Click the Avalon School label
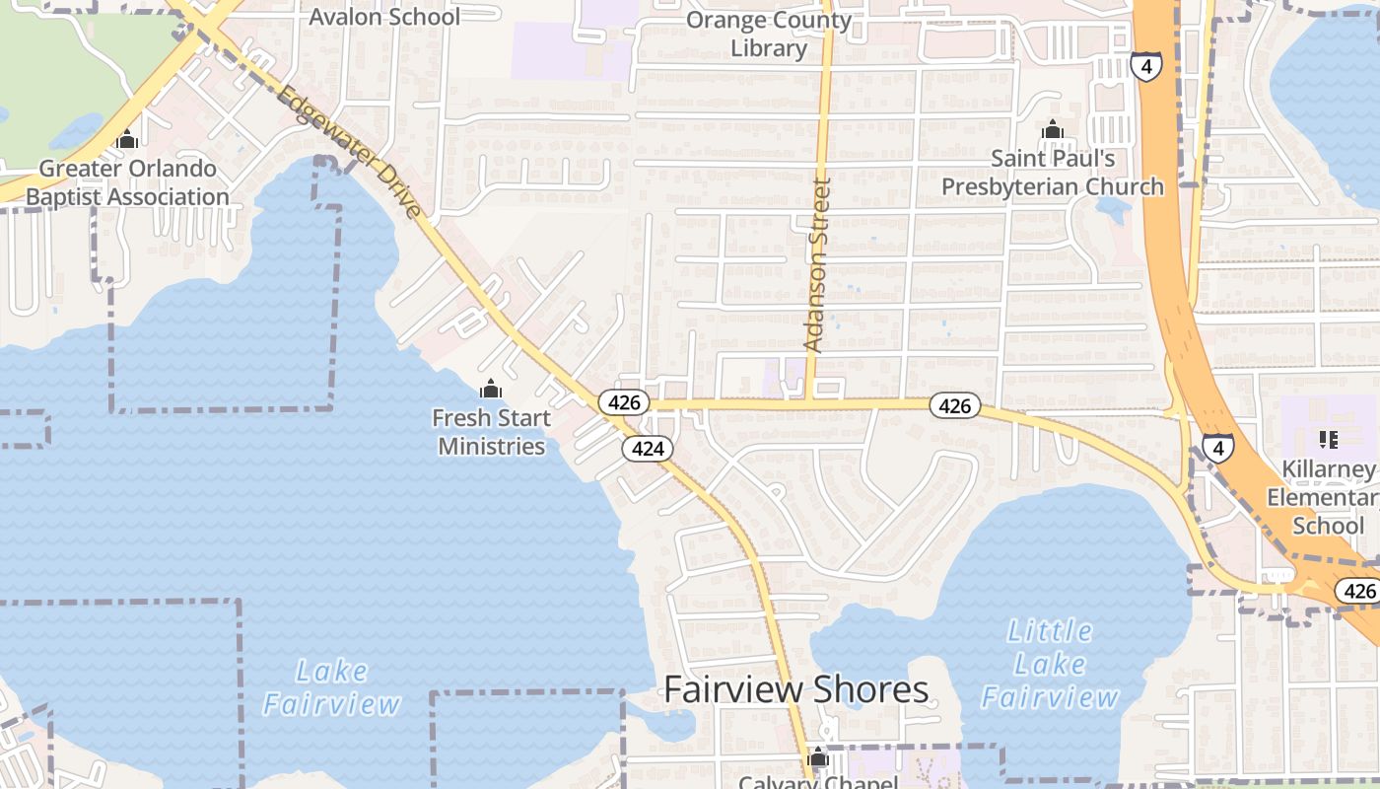coord(384,17)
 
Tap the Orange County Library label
coord(769,34)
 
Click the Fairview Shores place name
coord(796,689)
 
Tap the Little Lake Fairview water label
coord(1051,664)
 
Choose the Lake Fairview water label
coord(331,687)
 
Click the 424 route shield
coord(647,449)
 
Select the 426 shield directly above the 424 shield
coord(624,402)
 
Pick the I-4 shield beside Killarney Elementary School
coord(1218,448)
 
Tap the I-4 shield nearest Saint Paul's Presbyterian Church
coord(1145,66)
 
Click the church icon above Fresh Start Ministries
coord(491,389)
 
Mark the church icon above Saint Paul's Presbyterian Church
coord(1053,130)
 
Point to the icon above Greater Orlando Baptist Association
coord(126,140)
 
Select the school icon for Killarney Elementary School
coord(1328,439)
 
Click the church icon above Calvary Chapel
coord(817,757)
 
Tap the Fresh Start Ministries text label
coord(491,432)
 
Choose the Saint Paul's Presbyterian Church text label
coord(1053,173)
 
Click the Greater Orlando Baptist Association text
coord(127,182)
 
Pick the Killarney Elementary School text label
coord(1327,497)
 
